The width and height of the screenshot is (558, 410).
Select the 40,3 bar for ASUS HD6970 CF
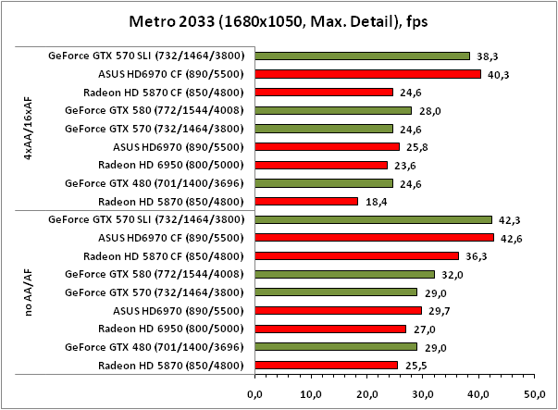pos(367,74)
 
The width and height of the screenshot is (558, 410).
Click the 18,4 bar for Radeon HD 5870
pos(305,201)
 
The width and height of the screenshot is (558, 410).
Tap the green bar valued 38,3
pos(362,56)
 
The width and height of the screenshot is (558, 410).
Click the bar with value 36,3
pos(356,255)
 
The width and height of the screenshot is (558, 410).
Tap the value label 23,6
pos(402,165)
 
